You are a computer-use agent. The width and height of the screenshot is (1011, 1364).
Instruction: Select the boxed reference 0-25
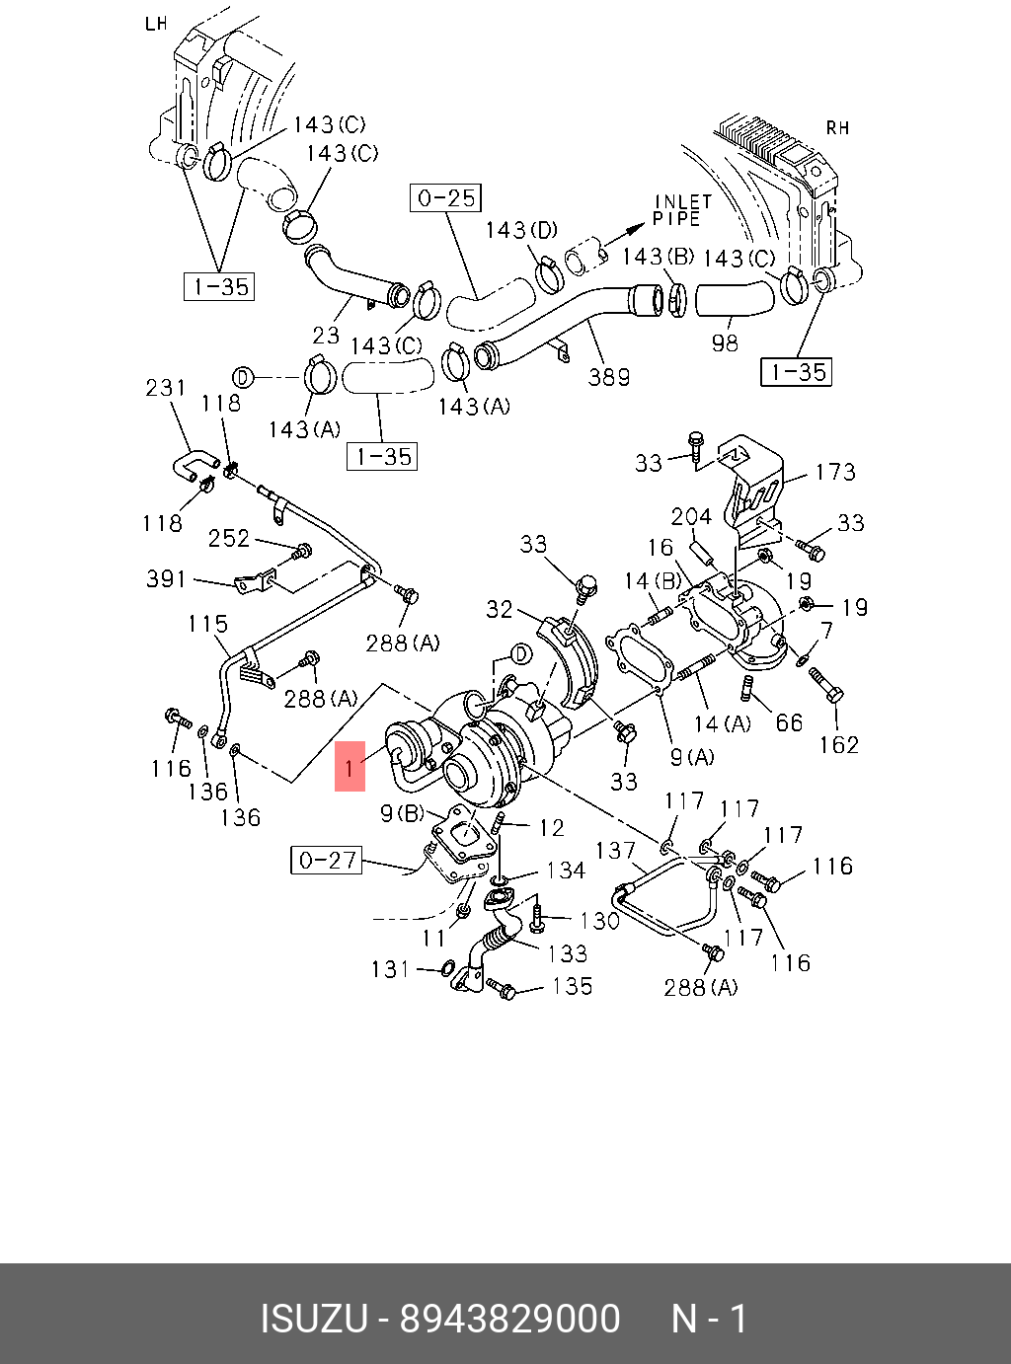[x=445, y=198]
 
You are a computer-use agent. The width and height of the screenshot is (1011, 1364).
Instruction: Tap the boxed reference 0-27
[x=327, y=861]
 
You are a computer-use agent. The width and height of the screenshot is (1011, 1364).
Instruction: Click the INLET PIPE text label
[x=682, y=209]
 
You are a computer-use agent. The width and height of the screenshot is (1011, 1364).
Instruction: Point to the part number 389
[x=608, y=377]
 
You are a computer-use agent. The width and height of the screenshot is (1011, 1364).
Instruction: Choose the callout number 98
[x=725, y=343]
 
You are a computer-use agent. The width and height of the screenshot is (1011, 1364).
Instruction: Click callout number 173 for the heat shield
[x=834, y=472]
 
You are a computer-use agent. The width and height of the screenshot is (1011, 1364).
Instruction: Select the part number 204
[x=691, y=516]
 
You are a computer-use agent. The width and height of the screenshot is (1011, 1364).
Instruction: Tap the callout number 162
[x=838, y=744]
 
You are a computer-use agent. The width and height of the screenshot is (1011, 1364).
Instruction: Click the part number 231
[x=166, y=388]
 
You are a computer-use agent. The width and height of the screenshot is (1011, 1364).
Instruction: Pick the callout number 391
[x=166, y=578]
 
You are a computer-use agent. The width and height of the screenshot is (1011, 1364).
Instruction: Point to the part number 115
[x=207, y=624]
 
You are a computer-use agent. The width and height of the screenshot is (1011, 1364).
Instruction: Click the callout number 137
[x=615, y=850]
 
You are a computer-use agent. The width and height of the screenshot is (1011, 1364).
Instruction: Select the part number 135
[x=572, y=986]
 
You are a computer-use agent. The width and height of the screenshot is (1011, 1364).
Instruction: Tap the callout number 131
[x=390, y=969]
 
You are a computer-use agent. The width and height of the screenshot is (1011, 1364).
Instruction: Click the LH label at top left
[x=156, y=23]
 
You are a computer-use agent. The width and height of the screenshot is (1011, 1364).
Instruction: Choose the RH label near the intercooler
[x=837, y=127]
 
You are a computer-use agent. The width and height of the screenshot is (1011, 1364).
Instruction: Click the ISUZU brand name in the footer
[x=313, y=1319]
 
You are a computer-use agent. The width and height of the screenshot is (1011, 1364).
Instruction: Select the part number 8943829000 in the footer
[x=509, y=1319]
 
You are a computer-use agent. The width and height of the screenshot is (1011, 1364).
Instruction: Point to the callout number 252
[x=228, y=538]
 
